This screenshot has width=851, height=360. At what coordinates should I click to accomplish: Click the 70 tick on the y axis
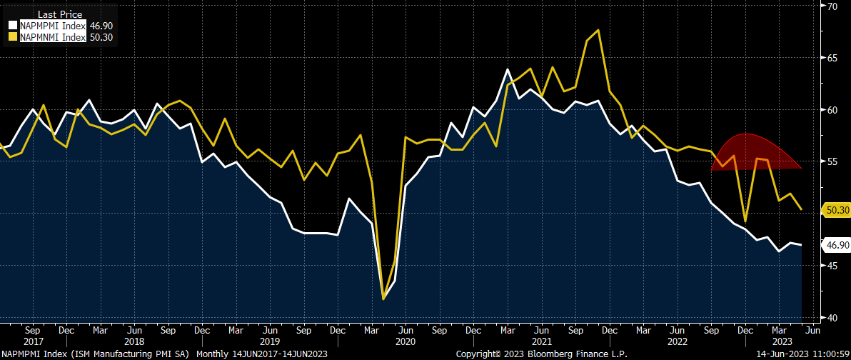click(832, 6)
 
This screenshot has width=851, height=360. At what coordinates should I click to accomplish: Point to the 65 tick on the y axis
click(832, 58)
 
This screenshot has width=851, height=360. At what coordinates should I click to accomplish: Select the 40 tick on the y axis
click(832, 317)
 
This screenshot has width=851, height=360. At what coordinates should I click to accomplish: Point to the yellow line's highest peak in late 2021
click(598, 30)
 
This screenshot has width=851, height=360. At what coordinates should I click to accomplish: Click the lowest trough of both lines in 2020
click(383, 299)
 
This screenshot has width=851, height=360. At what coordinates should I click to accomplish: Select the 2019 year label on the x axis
click(270, 341)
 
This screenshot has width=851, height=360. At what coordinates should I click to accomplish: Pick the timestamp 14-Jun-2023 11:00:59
click(805, 354)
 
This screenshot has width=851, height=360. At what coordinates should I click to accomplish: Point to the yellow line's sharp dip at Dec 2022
click(745, 221)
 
